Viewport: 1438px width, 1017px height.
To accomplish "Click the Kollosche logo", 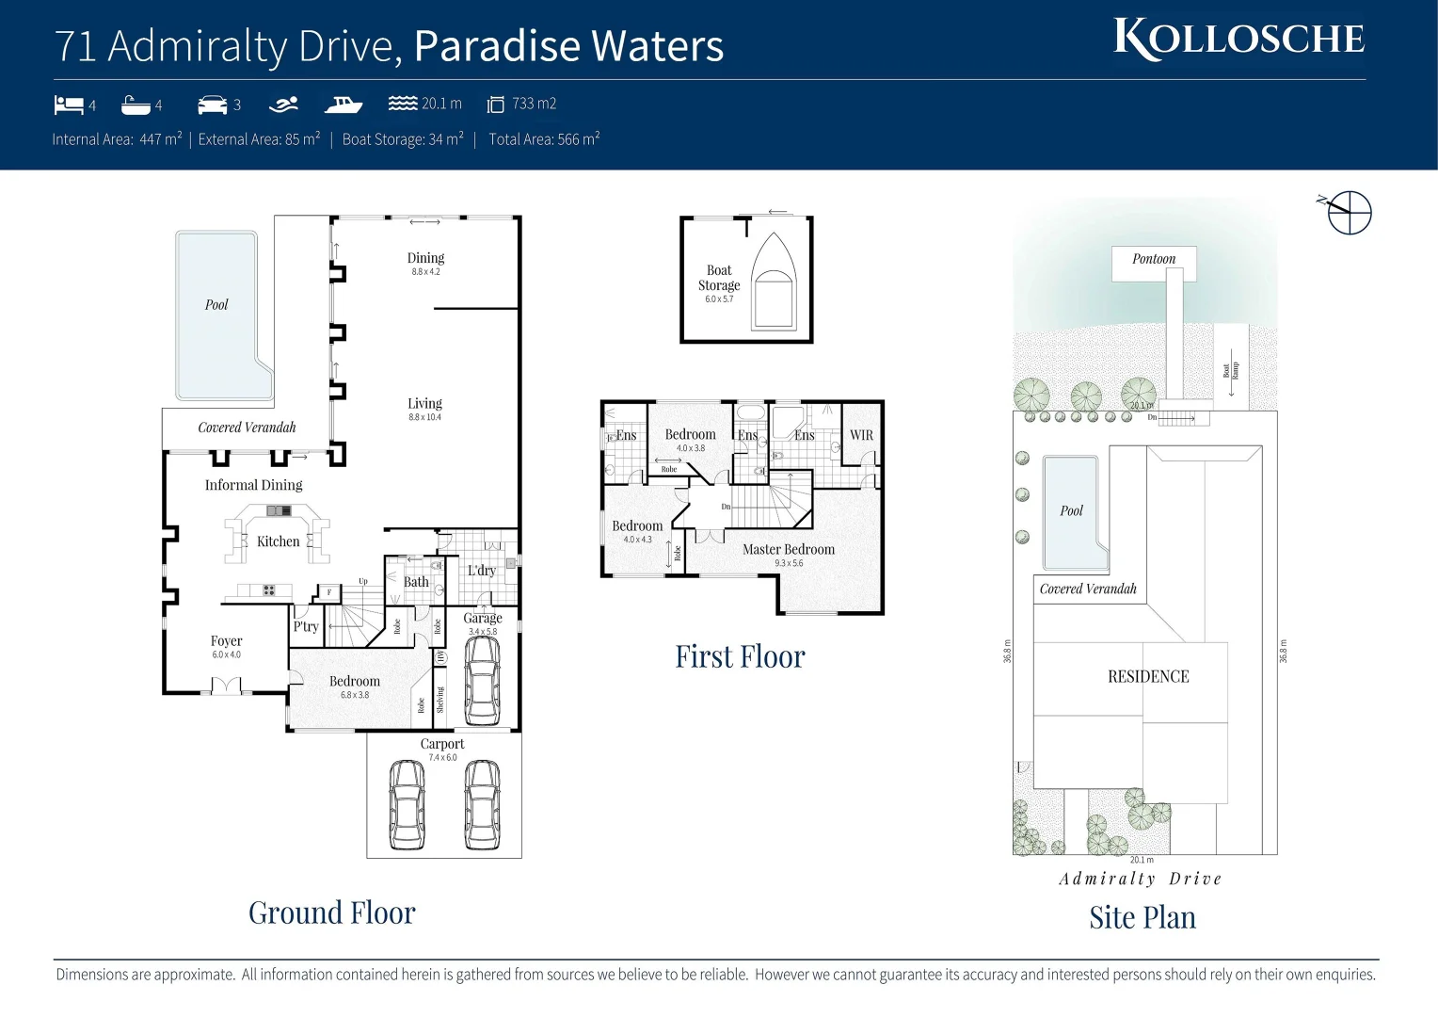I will pyautogui.click(x=1238, y=40).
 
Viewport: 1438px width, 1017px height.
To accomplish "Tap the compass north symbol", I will pyautogui.click(x=1348, y=213).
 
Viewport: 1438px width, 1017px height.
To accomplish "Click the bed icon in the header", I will pyautogui.click(x=69, y=105).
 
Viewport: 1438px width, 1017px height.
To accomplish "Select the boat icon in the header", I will pyautogui.click(x=344, y=104).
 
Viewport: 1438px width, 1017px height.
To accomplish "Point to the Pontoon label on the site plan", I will pyautogui.click(x=1154, y=259).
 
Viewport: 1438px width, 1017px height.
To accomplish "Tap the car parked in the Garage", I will pyautogui.click(x=483, y=679).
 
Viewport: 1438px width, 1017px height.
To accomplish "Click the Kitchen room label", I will pyautogui.click(x=279, y=541).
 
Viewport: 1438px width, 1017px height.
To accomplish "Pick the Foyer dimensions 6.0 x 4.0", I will pyautogui.click(x=226, y=654).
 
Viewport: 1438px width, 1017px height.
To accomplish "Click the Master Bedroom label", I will pyautogui.click(x=788, y=549).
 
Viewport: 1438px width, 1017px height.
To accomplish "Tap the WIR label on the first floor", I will pyautogui.click(x=861, y=435).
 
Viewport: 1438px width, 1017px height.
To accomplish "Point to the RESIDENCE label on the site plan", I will pyautogui.click(x=1148, y=676).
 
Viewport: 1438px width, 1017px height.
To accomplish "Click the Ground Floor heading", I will pyautogui.click(x=331, y=912).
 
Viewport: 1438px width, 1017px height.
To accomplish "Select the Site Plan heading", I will pyautogui.click(x=1142, y=917).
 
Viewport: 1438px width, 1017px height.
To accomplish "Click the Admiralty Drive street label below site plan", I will pyautogui.click(x=1140, y=879).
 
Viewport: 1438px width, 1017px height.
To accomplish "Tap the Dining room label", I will pyautogui.click(x=425, y=258).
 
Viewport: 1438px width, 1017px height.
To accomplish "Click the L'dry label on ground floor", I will pyautogui.click(x=481, y=570).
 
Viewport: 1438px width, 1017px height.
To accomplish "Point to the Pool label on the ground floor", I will pyautogui.click(x=216, y=304).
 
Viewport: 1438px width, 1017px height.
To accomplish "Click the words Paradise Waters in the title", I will pyautogui.click(x=568, y=46).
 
